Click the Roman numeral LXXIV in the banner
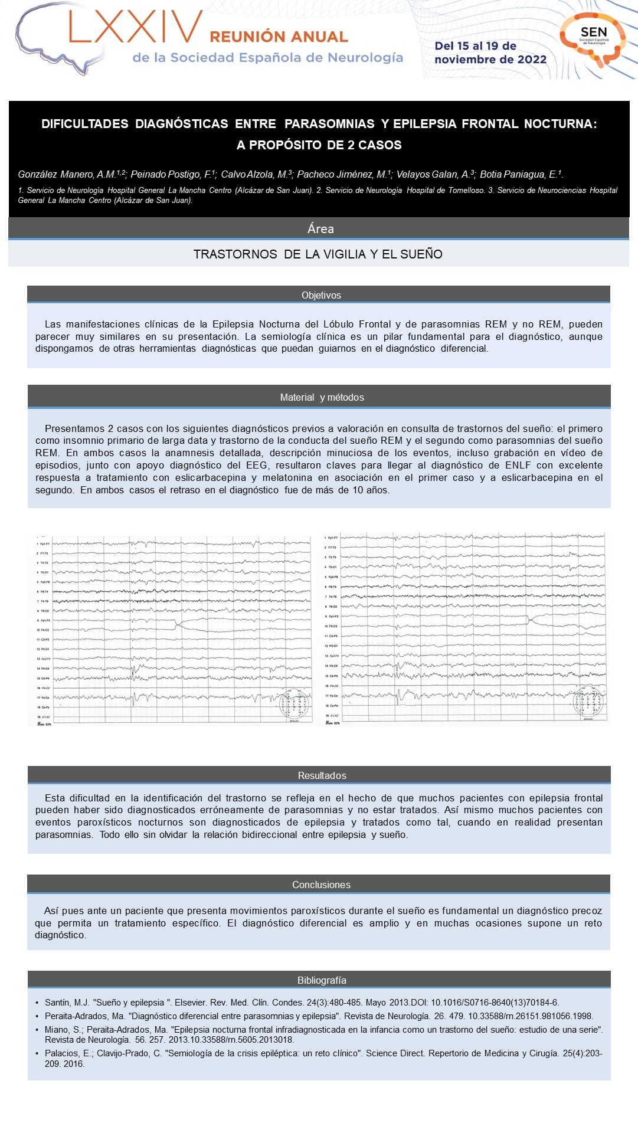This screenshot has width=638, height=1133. point(135,28)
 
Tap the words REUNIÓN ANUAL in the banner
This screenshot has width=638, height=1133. point(279,37)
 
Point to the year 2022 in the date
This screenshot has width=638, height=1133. point(532,60)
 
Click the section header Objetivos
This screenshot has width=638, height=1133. point(321,295)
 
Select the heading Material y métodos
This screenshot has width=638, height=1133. point(322,397)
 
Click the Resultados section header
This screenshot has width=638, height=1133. point(322,775)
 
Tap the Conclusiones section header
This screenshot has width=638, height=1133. point(321,885)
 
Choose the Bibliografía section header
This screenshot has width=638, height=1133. point(322,980)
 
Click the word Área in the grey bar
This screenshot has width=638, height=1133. point(320,229)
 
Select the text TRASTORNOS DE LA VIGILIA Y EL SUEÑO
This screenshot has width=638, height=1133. point(318,254)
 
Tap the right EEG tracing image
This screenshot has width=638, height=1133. point(464,628)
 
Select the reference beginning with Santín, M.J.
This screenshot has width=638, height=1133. point(301,1003)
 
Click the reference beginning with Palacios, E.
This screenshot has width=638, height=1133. point(323,1059)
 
